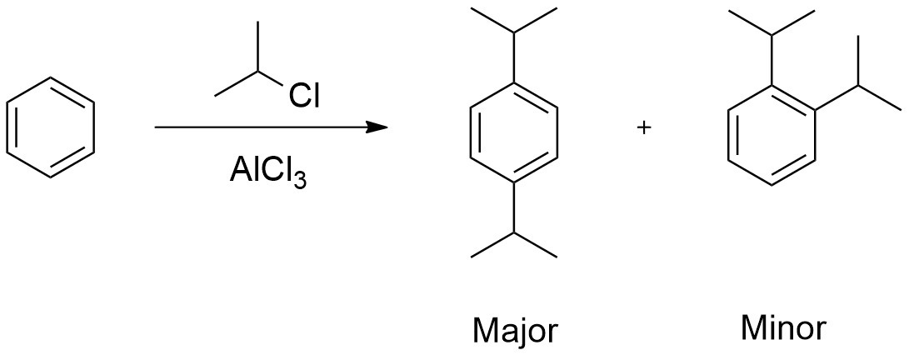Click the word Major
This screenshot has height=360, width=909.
coord(513,331)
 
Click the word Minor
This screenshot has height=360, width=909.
coord(783,329)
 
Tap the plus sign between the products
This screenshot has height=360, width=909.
coord(642,127)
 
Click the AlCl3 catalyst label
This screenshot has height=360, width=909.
coord(267,174)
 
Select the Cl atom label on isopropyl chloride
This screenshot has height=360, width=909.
coord(304,97)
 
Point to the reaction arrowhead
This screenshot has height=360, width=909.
coord(379,127)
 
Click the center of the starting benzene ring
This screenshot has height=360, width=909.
coord(51,126)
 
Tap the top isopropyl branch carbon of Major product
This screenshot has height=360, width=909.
coord(513,32)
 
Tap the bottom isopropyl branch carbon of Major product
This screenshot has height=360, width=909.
coord(513,232)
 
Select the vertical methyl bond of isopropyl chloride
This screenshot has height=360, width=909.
coord(258,47)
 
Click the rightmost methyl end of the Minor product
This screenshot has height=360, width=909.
coord(902,109)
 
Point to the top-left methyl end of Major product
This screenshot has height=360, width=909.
coord(472,9)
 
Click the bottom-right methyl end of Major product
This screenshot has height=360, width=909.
coord(556,257)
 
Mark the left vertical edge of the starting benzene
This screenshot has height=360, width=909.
coord(8,126)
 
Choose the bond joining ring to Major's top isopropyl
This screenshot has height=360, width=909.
coord(513,57)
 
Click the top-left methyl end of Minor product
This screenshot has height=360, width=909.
coord(730,10)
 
